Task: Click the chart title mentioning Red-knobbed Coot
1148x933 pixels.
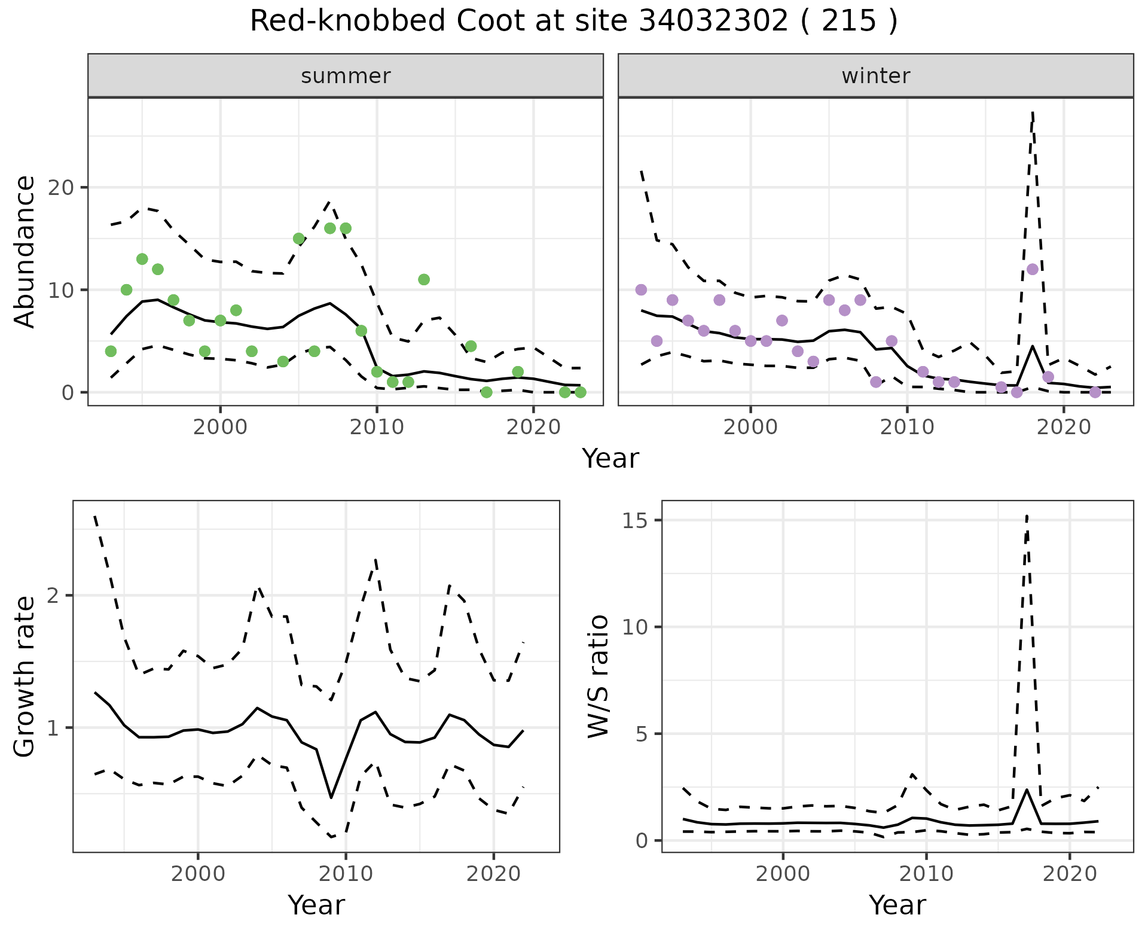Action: point(573,22)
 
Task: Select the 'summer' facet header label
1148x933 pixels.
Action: point(346,76)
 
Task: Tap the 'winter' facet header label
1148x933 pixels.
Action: point(875,76)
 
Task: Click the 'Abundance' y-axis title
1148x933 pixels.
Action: point(25,252)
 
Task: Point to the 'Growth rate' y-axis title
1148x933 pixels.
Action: point(25,676)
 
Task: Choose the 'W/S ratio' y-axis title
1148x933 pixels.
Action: point(599,676)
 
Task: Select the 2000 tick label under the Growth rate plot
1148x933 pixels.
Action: point(198,874)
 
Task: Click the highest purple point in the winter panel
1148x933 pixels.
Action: point(1033,269)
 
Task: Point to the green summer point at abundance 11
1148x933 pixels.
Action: point(424,279)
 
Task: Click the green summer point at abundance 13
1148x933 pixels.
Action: point(142,259)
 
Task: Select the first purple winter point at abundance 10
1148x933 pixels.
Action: point(641,289)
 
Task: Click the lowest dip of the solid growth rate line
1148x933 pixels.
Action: point(331,798)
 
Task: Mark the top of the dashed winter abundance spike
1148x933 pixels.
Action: point(1033,111)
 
